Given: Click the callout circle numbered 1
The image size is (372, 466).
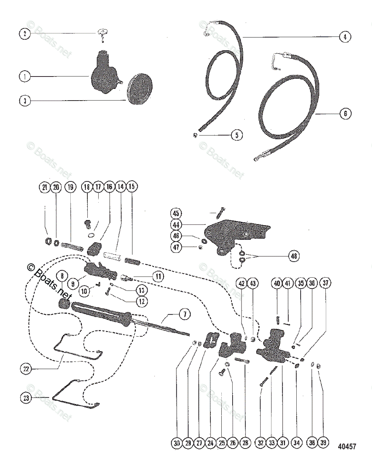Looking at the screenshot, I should (24, 77).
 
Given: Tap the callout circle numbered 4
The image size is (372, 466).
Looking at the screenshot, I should (344, 37).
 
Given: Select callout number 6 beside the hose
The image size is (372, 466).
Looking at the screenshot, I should (345, 114).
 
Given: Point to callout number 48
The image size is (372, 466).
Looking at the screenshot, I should (294, 256).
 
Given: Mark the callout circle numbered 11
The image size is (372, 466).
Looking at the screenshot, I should (158, 276).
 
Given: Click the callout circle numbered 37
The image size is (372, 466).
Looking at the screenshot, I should (325, 283).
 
